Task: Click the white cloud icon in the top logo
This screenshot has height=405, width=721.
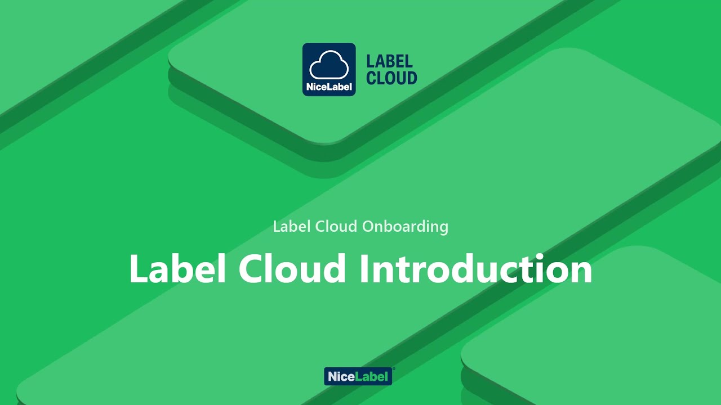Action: coord(329,65)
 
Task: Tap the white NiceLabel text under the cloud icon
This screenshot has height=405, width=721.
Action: coord(329,87)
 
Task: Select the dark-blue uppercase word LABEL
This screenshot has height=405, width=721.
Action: coord(389,61)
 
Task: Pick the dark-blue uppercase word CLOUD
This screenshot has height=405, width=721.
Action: coord(391,78)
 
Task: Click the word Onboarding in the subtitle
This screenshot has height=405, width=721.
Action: coord(405,227)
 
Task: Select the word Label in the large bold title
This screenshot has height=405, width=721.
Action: coord(177,269)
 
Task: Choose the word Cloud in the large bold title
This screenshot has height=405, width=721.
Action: coord(292,269)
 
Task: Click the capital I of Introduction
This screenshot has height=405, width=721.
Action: coord(364,269)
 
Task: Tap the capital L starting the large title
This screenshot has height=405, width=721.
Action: coord(139,269)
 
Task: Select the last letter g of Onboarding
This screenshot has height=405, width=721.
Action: coord(443,228)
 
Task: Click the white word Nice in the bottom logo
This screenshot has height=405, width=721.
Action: coord(340,377)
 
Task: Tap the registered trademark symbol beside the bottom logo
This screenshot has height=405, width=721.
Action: coord(393,369)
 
